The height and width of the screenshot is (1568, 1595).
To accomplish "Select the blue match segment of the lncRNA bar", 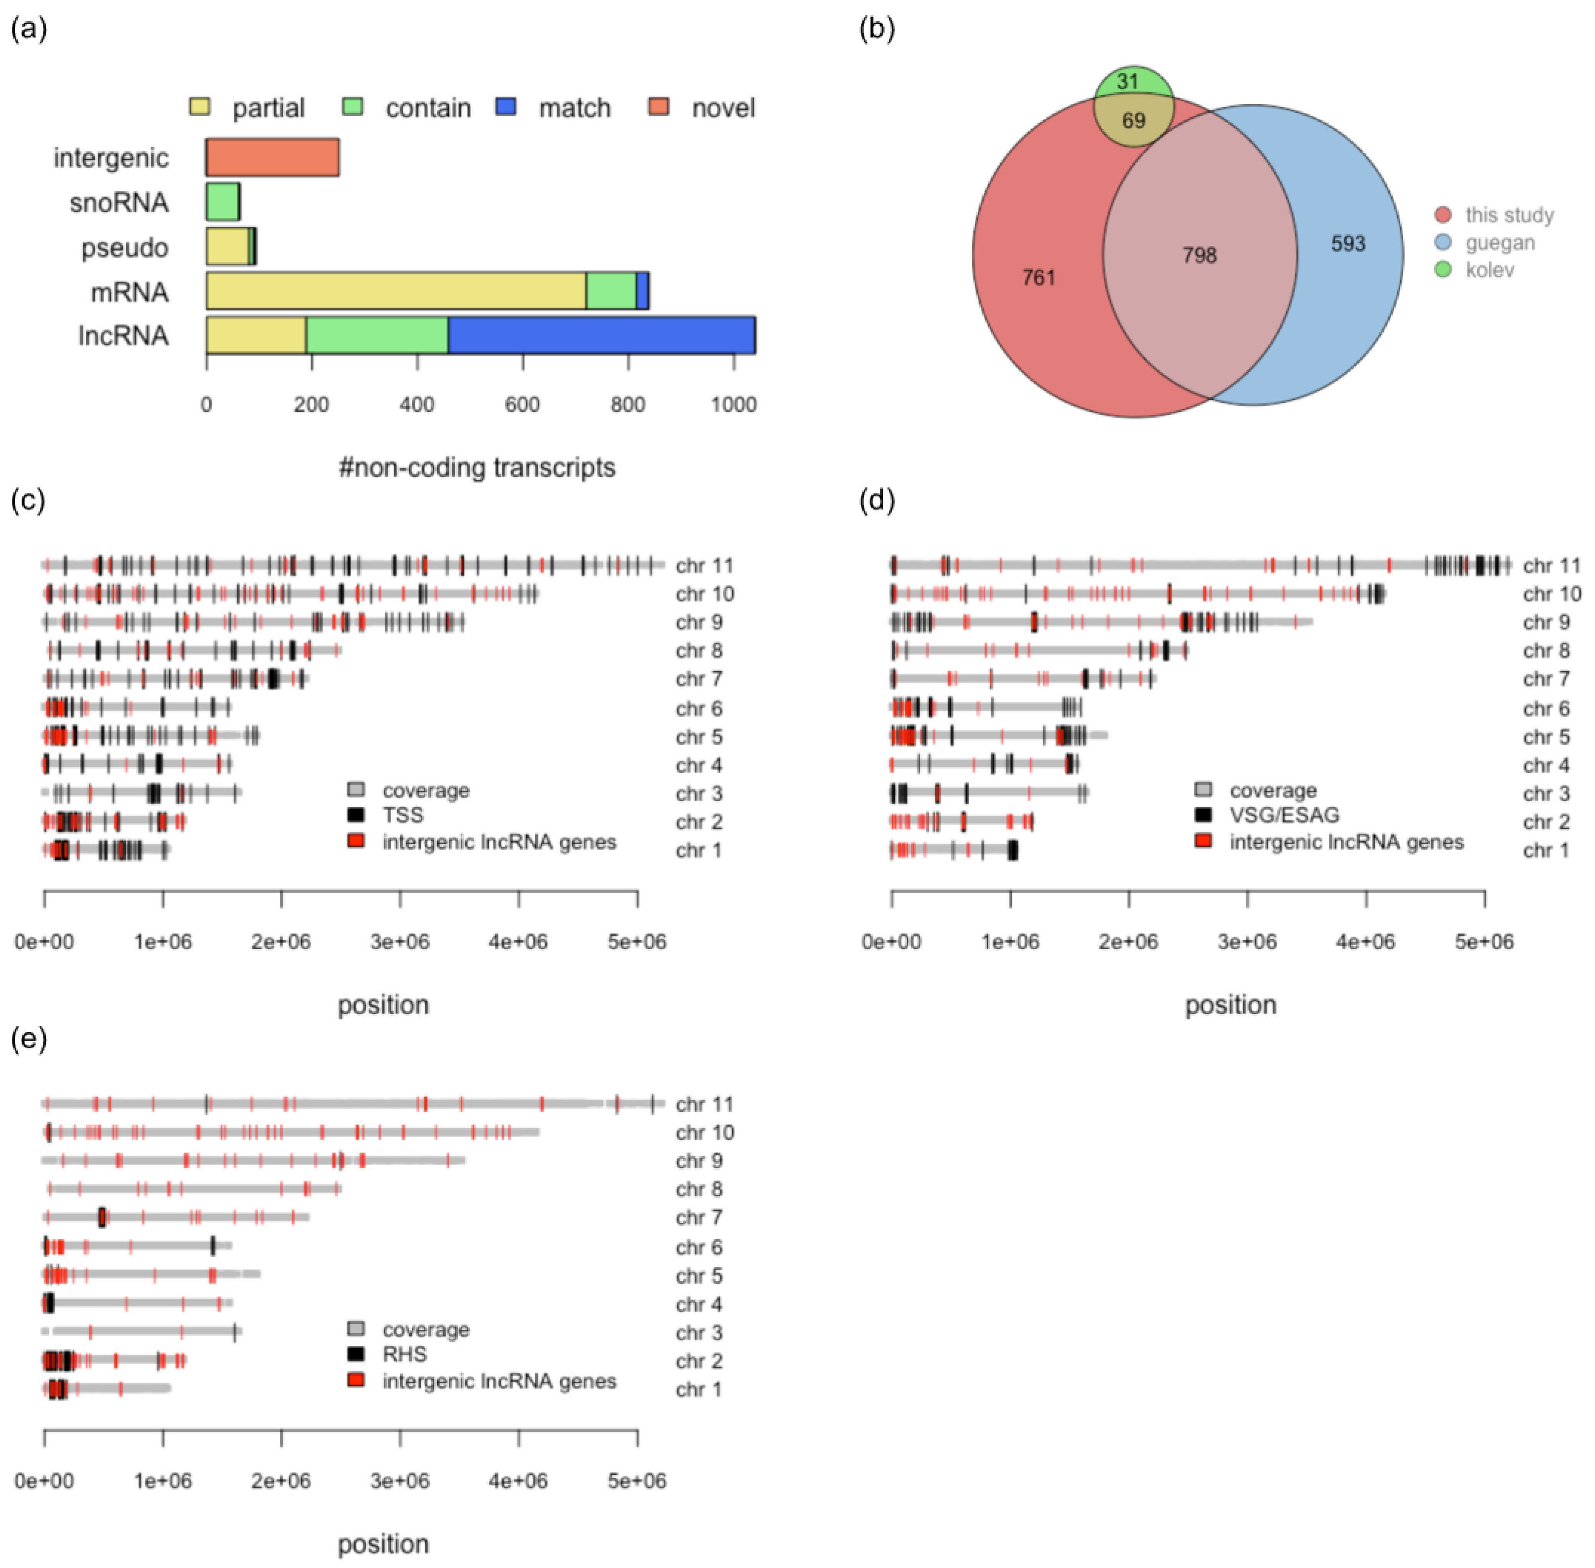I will (601, 335).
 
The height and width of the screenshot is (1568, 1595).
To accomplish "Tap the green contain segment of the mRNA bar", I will (610, 291).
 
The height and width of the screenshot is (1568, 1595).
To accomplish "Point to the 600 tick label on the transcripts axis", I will (522, 404).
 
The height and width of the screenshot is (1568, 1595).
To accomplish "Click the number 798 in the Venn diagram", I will (1199, 255).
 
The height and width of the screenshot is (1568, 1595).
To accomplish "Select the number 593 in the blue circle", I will (1348, 244).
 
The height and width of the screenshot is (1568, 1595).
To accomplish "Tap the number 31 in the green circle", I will (1128, 81).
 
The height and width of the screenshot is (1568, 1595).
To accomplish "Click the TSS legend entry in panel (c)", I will (402, 815).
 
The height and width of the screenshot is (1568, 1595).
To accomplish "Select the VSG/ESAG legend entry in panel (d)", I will (1284, 815).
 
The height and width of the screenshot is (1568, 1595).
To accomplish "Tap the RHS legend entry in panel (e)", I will (404, 1354).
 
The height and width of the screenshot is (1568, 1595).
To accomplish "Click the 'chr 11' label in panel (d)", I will (1551, 566).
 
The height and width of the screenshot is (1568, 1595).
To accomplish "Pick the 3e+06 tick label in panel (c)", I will (400, 941).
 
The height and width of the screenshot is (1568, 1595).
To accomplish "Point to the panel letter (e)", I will (29, 1039).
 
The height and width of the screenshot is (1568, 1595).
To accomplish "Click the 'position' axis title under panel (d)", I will (1230, 1005).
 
